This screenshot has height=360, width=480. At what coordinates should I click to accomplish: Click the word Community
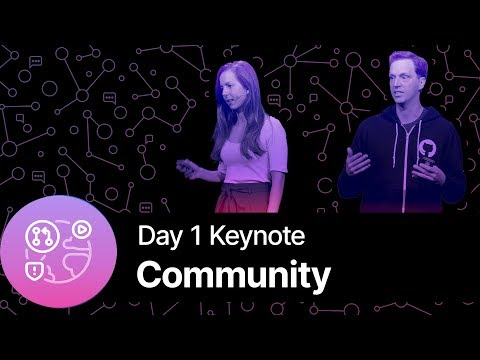coord(233,275)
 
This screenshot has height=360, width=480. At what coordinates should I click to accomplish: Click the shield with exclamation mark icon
coord(36,270)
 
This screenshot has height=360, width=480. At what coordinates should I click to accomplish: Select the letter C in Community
coord(148,275)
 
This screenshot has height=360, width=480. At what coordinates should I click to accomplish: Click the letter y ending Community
coord(319,279)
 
